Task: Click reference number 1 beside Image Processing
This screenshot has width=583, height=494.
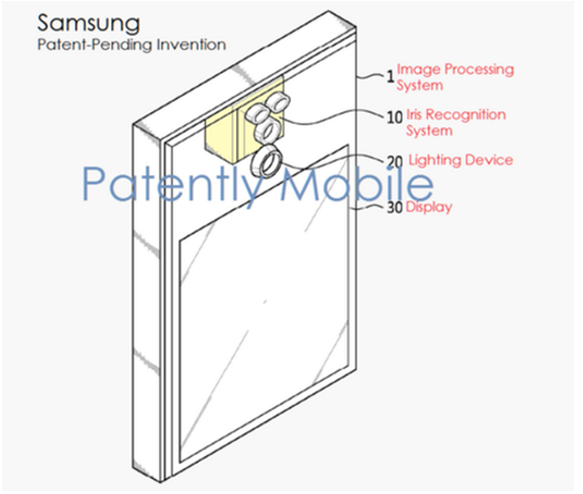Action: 391,78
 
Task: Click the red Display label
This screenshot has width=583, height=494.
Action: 430,207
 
